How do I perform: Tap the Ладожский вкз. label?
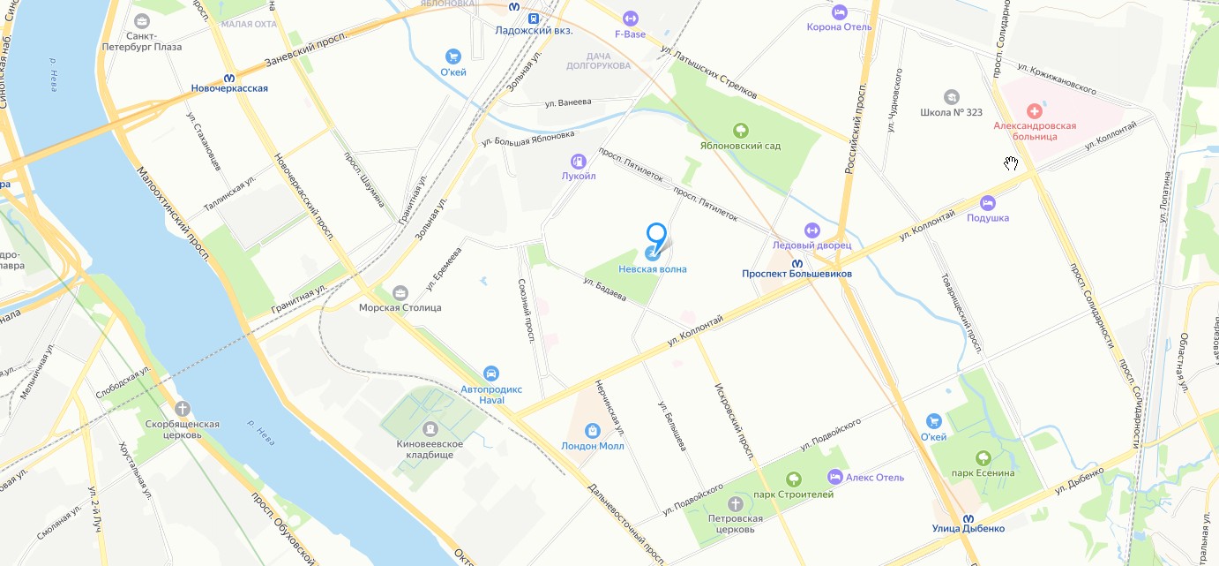534,30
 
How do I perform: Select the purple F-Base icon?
630,18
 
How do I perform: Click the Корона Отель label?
839,26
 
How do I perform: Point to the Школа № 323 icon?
951,96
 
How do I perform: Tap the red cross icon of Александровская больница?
1035,110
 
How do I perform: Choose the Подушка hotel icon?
987,202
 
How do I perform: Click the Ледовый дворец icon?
811,230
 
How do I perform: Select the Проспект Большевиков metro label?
796,274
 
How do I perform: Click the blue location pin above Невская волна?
656,235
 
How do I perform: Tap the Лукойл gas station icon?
579,161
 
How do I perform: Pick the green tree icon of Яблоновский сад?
740,131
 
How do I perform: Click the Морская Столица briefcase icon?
400,292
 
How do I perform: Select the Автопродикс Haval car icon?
491,374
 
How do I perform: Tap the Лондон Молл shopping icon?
592,431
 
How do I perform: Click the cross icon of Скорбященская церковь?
182,408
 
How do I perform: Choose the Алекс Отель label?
875,478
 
